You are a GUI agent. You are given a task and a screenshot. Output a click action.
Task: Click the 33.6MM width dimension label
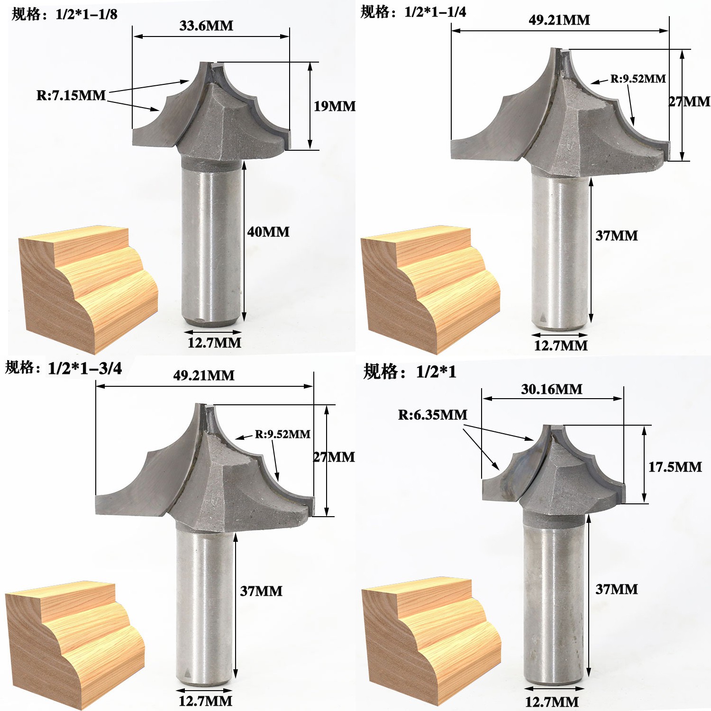[x=206, y=26]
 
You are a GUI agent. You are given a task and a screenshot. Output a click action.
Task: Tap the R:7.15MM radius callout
[x=71, y=95]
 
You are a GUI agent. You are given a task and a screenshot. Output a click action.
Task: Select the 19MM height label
[x=334, y=106]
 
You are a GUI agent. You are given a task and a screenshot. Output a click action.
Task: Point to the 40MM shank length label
[x=268, y=232]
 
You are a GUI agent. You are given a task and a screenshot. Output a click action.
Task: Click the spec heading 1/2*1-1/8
[x=64, y=14]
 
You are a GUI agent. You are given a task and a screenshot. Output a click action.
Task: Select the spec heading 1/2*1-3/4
[x=64, y=368]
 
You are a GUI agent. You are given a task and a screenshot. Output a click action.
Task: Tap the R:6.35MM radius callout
[x=432, y=415]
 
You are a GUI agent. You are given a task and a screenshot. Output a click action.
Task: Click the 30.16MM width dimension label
[x=552, y=390]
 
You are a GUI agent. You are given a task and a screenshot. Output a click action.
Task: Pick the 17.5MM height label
[x=675, y=467]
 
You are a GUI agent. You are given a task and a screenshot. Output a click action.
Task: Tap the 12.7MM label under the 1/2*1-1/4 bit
[x=561, y=346]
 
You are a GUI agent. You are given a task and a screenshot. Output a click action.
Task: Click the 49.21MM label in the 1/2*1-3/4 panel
[x=204, y=375]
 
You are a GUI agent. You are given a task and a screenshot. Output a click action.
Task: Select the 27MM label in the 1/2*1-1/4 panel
[x=689, y=101]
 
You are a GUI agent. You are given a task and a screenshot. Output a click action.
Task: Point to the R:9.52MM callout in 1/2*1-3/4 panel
[x=283, y=434]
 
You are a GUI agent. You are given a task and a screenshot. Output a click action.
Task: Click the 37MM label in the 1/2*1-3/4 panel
[x=261, y=591]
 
